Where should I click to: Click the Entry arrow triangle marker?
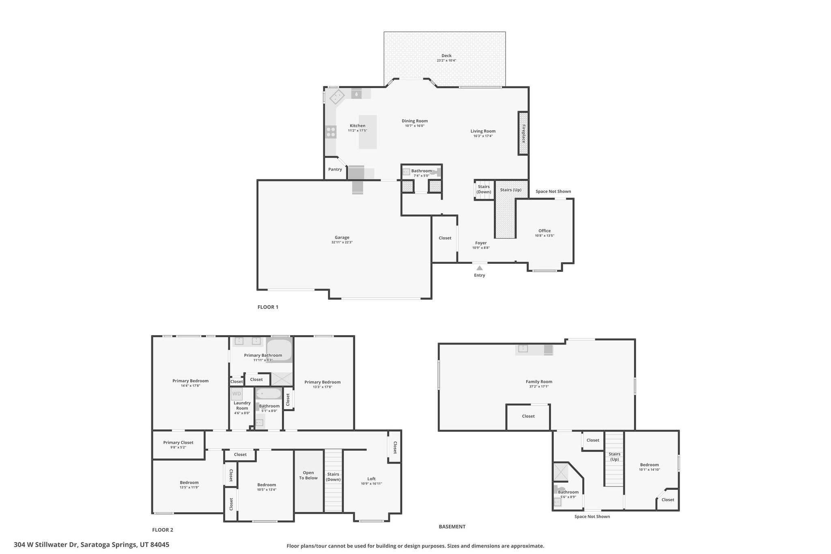tap(479, 268)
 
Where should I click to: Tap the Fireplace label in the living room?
tap(523, 134)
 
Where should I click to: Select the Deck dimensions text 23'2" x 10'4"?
tap(446, 61)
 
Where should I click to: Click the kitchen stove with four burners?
tap(331, 132)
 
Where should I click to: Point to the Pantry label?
tap(335, 169)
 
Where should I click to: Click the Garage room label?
tap(342, 237)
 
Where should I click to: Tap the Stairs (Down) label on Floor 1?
tap(484, 190)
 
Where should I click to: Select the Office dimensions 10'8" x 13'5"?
tap(544, 236)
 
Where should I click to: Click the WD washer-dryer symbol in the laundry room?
tap(237, 394)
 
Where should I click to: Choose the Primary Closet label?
tap(178, 443)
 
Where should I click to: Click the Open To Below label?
tap(308, 475)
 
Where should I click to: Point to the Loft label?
tap(371, 479)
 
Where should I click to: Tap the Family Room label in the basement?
tap(539, 382)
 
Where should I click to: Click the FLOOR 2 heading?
tap(163, 530)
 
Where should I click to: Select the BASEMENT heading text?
tap(452, 527)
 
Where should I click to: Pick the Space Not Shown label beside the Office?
tap(553, 192)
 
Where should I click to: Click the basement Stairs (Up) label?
tap(614, 457)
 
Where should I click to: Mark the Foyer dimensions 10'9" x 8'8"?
tap(481, 248)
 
